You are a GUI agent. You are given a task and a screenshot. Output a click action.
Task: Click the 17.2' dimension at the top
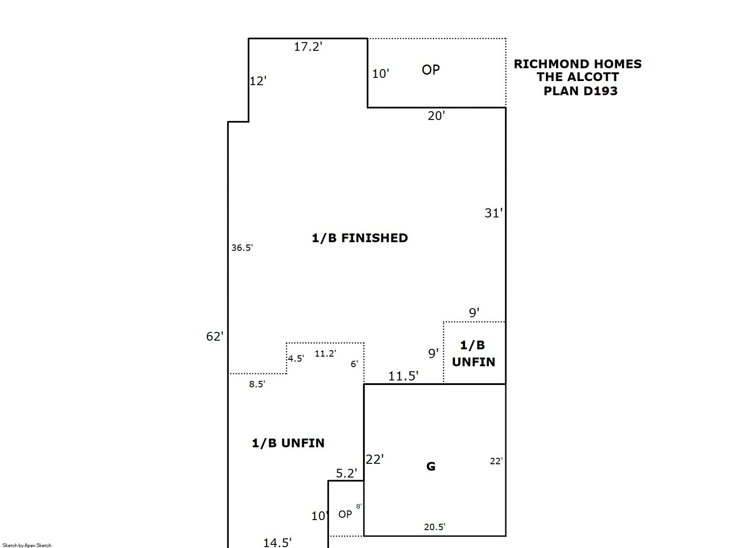pyautogui.click(x=308, y=47)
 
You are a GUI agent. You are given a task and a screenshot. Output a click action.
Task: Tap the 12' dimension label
pyautogui.click(x=258, y=81)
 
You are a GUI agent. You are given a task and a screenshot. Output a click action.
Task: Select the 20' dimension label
pyautogui.click(x=436, y=116)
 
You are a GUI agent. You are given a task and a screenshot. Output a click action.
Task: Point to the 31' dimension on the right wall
pyautogui.click(x=493, y=213)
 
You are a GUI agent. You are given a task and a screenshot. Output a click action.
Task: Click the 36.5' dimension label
pyautogui.click(x=242, y=248)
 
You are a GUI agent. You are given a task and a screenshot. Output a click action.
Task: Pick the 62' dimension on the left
pyautogui.click(x=215, y=336)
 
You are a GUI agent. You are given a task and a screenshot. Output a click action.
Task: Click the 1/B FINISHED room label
pyautogui.click(x=360, y=238)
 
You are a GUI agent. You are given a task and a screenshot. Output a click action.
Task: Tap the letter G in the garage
pyautogui.click(x=431, y=466)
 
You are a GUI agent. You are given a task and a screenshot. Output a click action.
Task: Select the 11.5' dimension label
pyautogui.click(x=403, y=376)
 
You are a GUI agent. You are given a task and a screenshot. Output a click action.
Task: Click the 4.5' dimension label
pyautogui.click(x=296, y=358)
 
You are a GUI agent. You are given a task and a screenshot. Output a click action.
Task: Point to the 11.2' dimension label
pyautogui.click(x=325, y=353)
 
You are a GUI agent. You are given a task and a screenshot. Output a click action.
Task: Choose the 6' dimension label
pyautogui.click(x=354, y=364)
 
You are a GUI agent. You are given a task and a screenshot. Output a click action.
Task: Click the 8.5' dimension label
pyautogui.click(x=257, y=384)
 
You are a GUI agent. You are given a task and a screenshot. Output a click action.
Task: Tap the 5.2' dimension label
pyautogui.click(x=346, y=473)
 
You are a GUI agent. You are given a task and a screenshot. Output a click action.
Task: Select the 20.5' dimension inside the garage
pyautogui.click(x=435, y=526)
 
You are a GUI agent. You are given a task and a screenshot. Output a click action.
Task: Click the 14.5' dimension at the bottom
pyautogui.click(x=277, y=543)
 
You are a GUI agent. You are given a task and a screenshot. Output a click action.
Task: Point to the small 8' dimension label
pyautogui.click(x=359, y=506)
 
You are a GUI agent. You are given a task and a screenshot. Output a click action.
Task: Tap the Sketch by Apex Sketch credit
pyautogui.click(x=27, y=545)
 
